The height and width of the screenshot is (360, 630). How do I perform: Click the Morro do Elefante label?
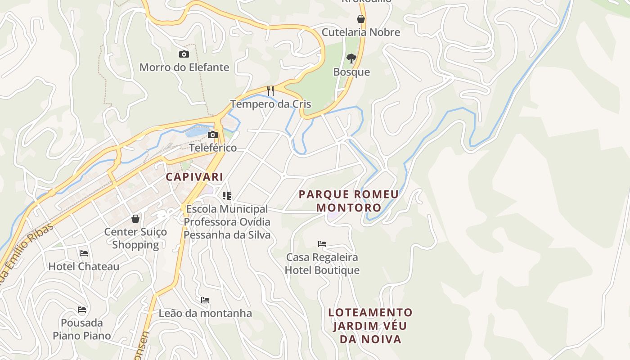184,67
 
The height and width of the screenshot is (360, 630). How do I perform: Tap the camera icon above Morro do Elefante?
184,54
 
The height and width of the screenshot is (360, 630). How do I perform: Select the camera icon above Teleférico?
213,135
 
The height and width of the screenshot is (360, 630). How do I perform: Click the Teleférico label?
213,148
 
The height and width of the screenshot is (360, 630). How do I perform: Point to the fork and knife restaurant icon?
270,91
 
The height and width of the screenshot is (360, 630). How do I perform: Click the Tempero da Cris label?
270,104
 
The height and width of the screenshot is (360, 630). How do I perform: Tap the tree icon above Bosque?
351,58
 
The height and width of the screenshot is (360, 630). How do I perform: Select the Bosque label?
351,72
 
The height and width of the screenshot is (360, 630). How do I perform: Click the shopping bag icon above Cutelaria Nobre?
361,19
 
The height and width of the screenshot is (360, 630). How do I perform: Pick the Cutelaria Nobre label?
361,32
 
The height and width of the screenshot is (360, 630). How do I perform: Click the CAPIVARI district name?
194,177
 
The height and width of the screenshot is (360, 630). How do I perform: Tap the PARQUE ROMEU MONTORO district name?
349,201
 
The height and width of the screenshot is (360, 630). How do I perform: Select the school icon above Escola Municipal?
227,195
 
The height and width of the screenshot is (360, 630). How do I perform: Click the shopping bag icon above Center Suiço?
135,219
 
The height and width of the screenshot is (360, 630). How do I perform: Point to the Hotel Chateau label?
84,266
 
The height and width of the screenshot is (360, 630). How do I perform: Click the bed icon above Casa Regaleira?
322,244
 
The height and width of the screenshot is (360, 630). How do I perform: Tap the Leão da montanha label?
205,313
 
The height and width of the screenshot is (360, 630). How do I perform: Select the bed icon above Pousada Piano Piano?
82,310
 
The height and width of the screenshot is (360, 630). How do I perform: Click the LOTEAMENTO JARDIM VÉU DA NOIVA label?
370,325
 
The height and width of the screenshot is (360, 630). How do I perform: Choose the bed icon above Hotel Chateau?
84,253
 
